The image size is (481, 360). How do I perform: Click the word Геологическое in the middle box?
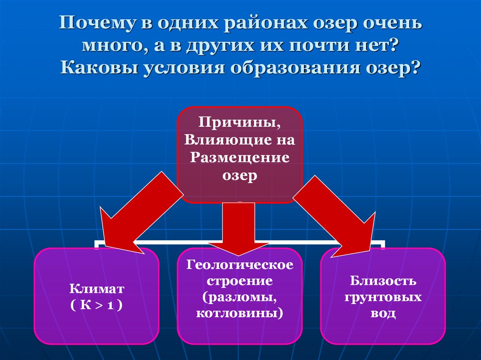(240, 265)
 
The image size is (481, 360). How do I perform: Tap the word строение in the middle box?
(240, 282)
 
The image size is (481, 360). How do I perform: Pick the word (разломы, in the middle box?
(240, 297)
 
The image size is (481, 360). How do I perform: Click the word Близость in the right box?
(383, 281)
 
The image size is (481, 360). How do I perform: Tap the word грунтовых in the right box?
(383, 297)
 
